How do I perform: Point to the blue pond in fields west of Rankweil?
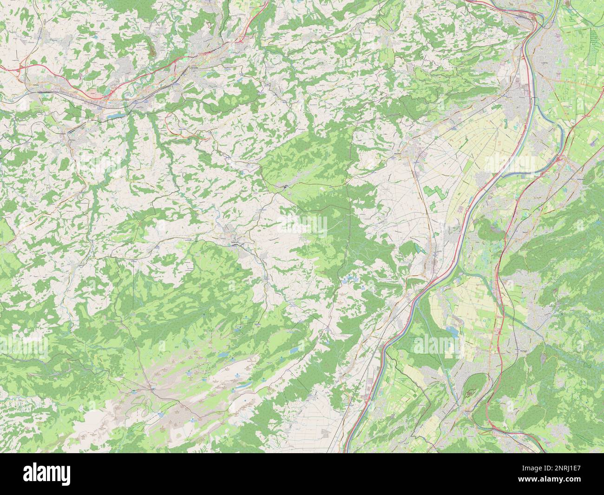pyautogui.click(x=451, y=331)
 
